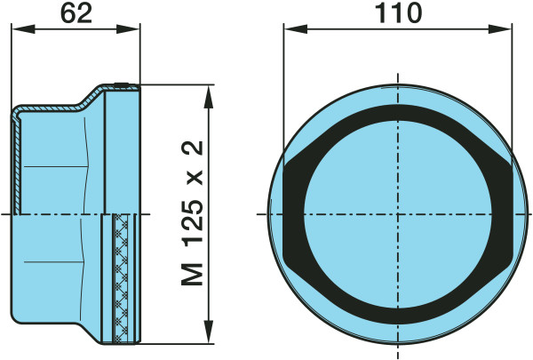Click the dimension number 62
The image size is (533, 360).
pos(76,14)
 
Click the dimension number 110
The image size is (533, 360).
pos(398,13)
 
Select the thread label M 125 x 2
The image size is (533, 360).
pos(193,212)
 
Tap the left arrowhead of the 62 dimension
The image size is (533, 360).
pos(23,29)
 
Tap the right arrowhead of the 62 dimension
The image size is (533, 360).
pos(128,29)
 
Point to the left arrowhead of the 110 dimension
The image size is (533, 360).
pos(296,29)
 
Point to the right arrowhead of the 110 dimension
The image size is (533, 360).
pos(499,29)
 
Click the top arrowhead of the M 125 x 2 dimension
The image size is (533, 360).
pos(209,96)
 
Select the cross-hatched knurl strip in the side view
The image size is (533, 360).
pos(122,278)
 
